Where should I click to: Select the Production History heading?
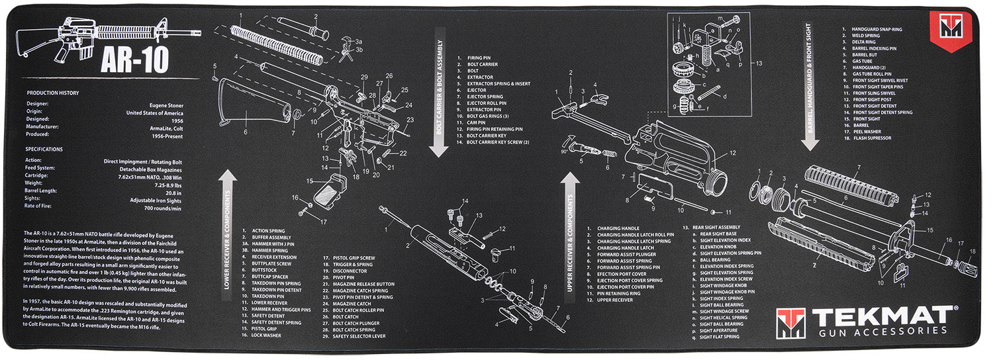click(x=52, y=93)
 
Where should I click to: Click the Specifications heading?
click(x=45, y=150)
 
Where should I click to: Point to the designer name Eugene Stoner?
click(x=166, y=105)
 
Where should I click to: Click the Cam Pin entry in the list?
click(x=476, y=122)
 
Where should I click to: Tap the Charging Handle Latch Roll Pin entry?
click(x=635, y=235)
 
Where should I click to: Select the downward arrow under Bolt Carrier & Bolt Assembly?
click(x=438, y=148)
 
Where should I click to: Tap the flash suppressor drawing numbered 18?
click(x=967, y=265)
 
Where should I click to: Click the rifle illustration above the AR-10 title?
click(x=113, y=34)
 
